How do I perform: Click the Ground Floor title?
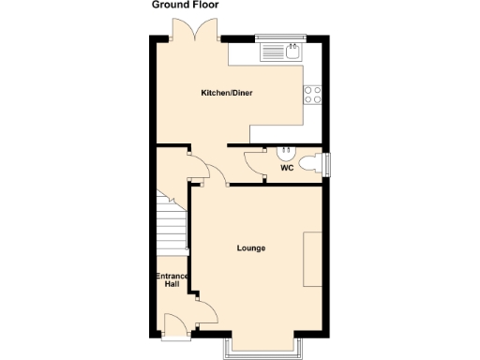(187, 5)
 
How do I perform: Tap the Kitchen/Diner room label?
(228, 94)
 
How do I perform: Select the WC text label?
(286, 169)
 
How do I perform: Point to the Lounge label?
(250, 248)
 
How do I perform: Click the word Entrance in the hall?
(172, 277)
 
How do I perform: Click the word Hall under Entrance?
(172, 285)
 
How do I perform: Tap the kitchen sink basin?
(292, 52)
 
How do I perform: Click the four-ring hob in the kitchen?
(311, 94)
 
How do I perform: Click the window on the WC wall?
(327, 164)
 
